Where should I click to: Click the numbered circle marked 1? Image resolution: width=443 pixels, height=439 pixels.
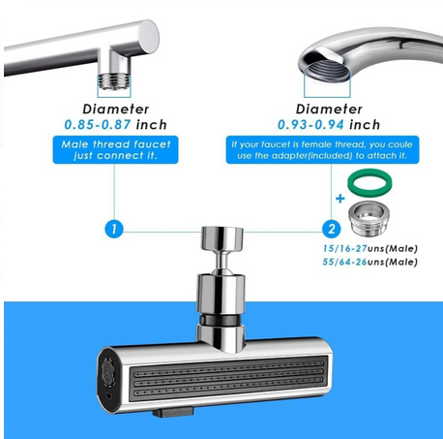pos(114,230)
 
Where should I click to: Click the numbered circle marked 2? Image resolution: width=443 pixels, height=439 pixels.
pos(332,230)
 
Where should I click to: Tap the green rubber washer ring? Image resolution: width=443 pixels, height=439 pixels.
pos(368,180)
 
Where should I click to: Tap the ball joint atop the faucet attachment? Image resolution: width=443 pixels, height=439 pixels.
pos(221,239)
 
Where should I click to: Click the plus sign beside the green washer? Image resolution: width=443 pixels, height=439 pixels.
pos(340,197)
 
